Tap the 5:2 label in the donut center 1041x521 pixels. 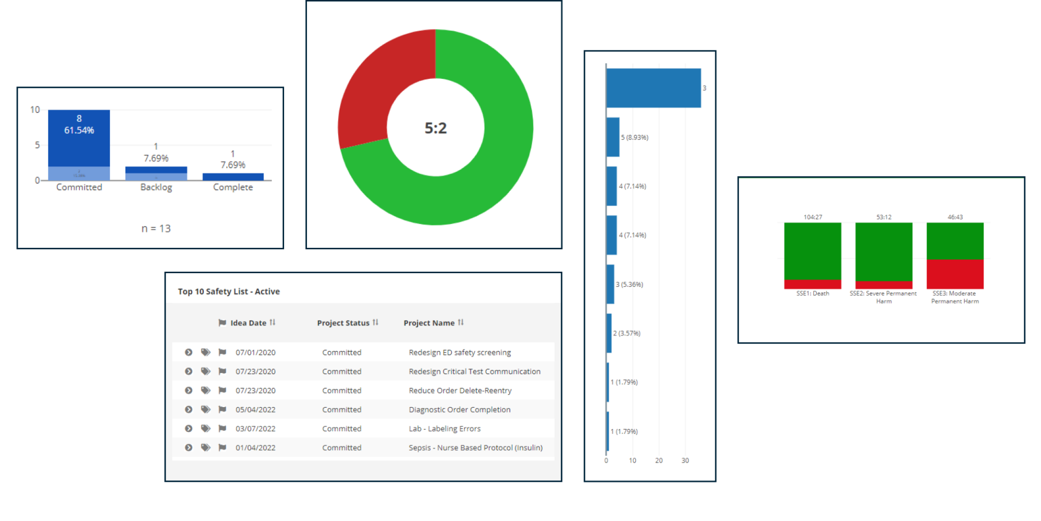tap(436, 128)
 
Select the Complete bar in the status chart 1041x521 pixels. tap(233, 177)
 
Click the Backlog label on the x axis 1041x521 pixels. tap(156, 187)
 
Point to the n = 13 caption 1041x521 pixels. tap(156, 228)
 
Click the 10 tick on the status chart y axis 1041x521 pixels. tap(35, 110)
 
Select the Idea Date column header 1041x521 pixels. tap(248, 323)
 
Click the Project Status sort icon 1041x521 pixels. tap(376, 323)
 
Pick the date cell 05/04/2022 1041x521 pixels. tap(255, 410)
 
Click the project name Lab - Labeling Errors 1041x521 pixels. tap(444, 428)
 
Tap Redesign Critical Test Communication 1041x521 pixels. tap(474, 371)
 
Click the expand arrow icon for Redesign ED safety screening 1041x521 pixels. tap(189, 352)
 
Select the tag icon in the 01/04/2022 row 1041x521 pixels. tap(205, 448)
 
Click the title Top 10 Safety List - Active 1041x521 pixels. tap(229, 292)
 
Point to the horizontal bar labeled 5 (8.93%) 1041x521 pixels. tap(613, 137)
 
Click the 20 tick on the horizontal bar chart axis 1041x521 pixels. tap(659, 460)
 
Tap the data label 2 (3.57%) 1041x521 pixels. tap(627, 333)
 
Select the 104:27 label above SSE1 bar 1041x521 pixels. tap(812, 217)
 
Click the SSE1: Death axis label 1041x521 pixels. tap(812, 294)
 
